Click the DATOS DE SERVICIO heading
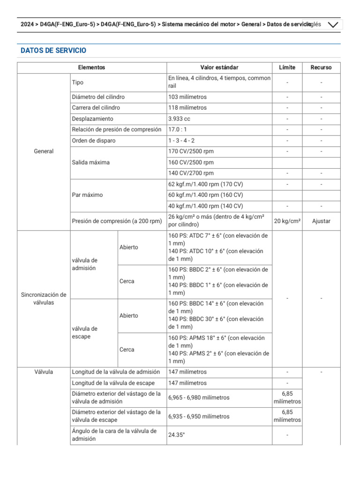pos(53,51)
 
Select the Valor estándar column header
pos(219,67)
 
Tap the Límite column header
pos(287,67)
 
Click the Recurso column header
pos(321,67)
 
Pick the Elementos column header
pos(91,67)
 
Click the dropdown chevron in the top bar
pos(333,25)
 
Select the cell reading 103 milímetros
pos(187,97)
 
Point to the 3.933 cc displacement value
pos(180,119)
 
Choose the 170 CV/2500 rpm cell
pos(191,151)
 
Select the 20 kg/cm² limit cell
pos(287,221)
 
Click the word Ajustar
pos(321,221)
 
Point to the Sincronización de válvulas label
pos(44,299)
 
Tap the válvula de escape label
pos(85,332)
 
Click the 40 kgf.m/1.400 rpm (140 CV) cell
pos(205,206)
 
